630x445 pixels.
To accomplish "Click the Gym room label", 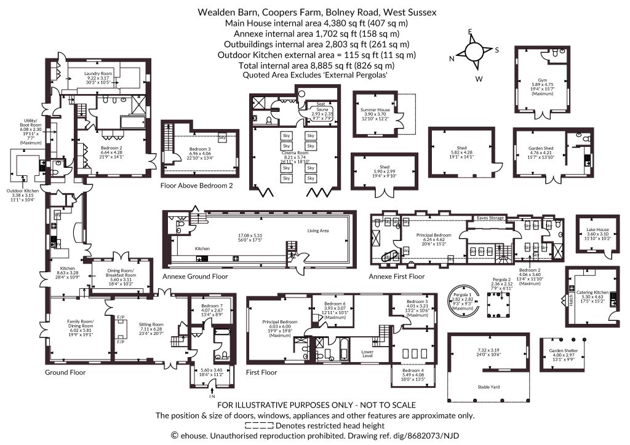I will (542, 85).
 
